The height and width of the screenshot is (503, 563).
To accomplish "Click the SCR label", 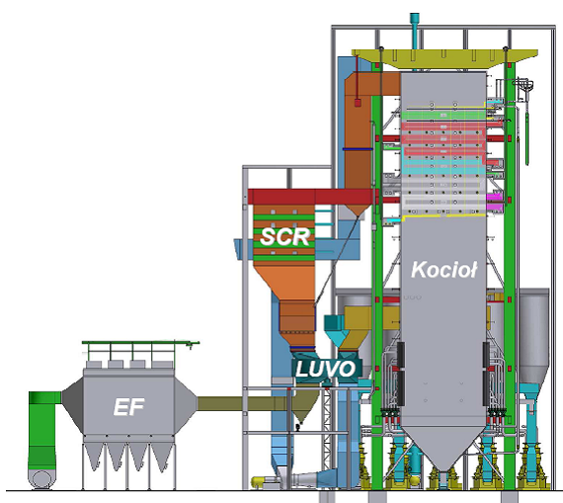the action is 285,237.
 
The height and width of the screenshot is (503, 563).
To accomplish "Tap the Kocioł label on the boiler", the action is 444,270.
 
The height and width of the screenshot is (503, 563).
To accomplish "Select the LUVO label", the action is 325,369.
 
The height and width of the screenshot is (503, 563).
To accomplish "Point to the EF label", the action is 128,407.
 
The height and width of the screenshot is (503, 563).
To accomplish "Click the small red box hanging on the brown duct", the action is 358,103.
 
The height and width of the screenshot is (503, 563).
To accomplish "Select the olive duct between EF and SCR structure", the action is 244,403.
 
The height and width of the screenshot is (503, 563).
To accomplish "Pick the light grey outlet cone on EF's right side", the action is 186,404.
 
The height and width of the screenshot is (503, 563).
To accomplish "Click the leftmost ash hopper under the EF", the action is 95,456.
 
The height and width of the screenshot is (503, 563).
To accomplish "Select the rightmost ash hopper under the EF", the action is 162,456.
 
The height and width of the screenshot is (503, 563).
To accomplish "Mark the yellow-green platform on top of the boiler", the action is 444,58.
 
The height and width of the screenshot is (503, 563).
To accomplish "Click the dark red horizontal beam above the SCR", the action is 311,197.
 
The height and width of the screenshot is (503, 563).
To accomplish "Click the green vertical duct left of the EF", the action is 42,431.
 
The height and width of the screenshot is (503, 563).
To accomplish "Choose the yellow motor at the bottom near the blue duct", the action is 263,482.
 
